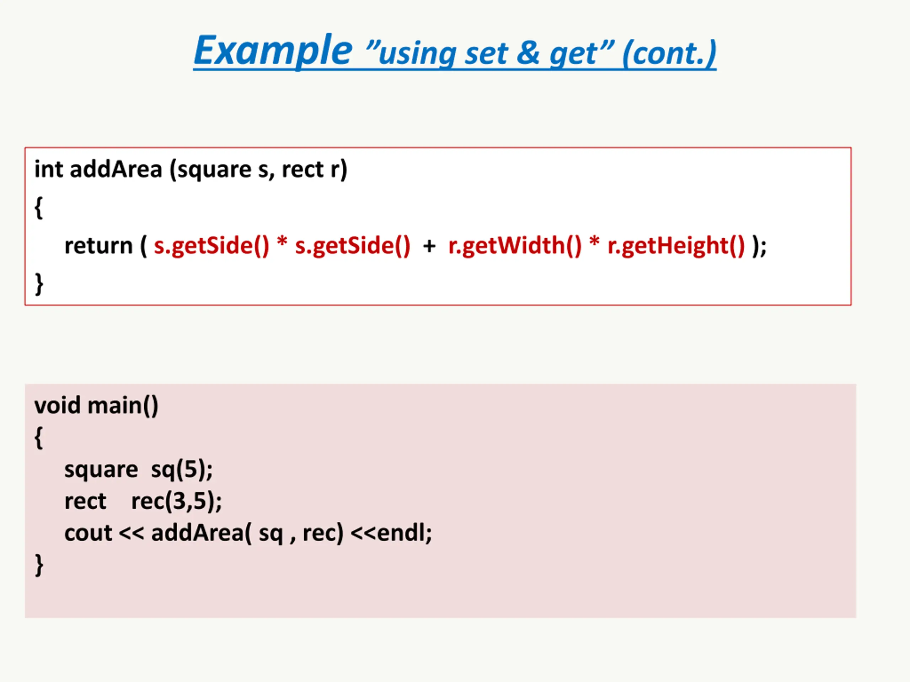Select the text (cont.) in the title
click(x=669, y=53)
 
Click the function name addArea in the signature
click(x=116, y=169)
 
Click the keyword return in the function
click(x=98, y=246)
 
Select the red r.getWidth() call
click(x=515, y=246)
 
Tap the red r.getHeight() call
click(x=676, y=246)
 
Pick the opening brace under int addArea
click(x=39, y=207)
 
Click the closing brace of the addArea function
click(x=39, y=284)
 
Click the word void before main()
click(x=57, y=405)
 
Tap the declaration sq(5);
click(x=181, y=470)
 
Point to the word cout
click(x=88, y=533)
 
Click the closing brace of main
click(x=39, y=565)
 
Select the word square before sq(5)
click(x=101, y=470)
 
